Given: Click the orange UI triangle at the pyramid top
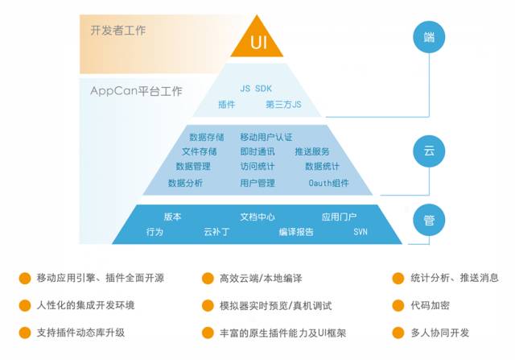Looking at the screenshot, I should pyautogui.click(x=257, y=40).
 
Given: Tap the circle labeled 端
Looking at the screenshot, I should pyautogui.click(x=428, y=36).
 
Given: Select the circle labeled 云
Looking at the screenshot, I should pyautogui.click(x=428, y=150).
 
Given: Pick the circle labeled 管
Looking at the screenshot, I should pyautogui.click(x=428, y=220).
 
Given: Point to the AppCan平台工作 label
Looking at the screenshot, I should pyautogui.click(x=136, y=90).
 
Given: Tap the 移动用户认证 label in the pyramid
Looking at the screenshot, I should pyautogui.click(x=266, y=137).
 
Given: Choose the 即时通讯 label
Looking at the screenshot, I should pyautogui.click(x=257, y=151).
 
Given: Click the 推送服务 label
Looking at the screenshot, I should pyautogui.click(x=311, y=151).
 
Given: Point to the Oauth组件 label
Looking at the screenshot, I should pyautogui.click(x=328, y=183).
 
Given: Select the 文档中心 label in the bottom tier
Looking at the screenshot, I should pyautogui.click(x=257, y=217).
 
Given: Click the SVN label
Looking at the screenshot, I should pyautogui.click(x=360, y=232).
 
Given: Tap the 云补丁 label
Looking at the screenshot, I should pyautogui.click(x=216, y=232).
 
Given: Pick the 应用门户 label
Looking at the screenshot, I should pyautogui.click(x=339, y=217).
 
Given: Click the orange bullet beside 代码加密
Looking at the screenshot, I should pyautogui.click(x=398, y=305).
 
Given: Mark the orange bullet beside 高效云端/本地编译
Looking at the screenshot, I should pyautogui.click(x=207, y=279).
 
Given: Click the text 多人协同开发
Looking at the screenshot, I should pyautogui.click(x=439, y=332).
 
